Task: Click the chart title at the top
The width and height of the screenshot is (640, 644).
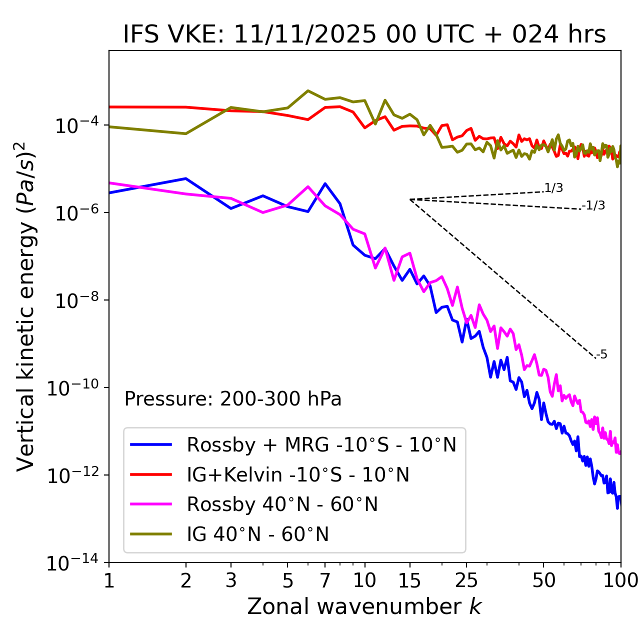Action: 364,34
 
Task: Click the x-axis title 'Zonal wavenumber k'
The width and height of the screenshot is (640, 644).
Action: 364,606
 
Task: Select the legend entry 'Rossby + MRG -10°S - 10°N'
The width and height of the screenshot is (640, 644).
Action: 321,444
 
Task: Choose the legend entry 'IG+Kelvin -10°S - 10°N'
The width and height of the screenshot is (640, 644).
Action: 298,474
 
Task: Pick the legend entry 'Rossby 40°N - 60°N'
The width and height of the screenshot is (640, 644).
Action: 282,504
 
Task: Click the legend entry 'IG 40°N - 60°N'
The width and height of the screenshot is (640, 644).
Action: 258,534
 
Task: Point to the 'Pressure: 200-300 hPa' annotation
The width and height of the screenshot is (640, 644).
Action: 233,399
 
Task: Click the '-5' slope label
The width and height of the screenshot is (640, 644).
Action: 602,354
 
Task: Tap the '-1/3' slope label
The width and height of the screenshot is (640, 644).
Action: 593,205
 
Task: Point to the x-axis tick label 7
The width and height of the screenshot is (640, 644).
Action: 325,580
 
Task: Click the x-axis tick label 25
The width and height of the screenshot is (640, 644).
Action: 466,580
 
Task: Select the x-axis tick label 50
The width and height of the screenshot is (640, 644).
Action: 543,580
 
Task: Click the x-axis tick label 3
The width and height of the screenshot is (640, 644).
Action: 231,580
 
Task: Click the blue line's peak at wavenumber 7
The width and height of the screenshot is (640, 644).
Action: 325,183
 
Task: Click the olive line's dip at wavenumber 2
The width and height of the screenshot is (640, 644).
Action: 186,133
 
